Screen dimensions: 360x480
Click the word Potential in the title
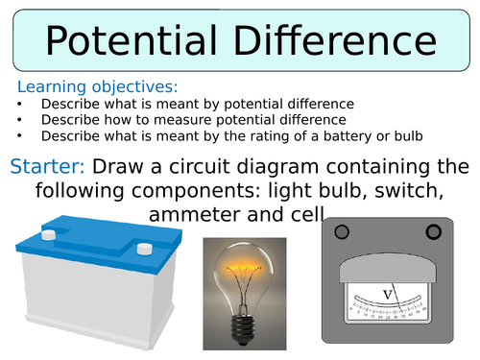pos(124,44)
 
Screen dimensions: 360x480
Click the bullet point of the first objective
pos(21,104)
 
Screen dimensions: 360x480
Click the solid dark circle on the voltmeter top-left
pos(341,231)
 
